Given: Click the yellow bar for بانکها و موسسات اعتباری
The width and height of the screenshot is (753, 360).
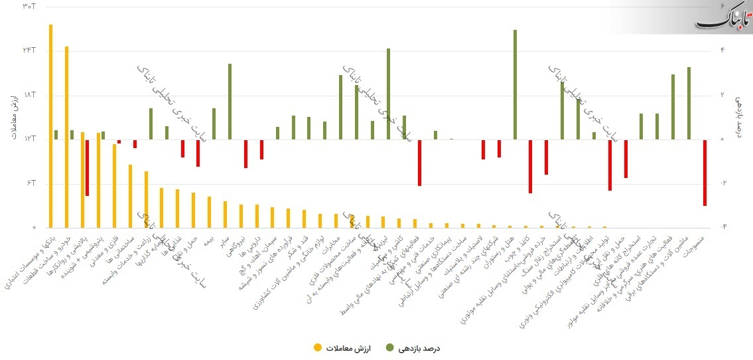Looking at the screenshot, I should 50,126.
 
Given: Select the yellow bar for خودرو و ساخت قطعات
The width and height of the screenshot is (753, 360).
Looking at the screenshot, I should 66,137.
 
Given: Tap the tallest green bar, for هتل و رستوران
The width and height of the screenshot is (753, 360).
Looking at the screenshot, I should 515,84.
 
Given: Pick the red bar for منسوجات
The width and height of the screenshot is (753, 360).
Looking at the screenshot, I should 705,173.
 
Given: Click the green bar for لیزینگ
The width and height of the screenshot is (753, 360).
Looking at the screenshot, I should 388,94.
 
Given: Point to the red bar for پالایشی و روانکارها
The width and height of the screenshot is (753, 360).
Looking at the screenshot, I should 87,167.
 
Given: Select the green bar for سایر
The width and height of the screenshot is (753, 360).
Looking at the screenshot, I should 230,101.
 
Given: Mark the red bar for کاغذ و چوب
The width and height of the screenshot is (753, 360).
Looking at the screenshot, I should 531,166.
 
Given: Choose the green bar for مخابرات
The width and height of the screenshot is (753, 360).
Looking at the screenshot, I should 340,107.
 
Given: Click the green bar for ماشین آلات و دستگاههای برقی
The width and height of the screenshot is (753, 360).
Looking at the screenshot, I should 689,103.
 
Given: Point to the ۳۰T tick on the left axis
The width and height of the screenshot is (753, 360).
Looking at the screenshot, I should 29,7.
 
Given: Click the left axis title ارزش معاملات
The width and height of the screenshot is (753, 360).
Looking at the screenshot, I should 15,117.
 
